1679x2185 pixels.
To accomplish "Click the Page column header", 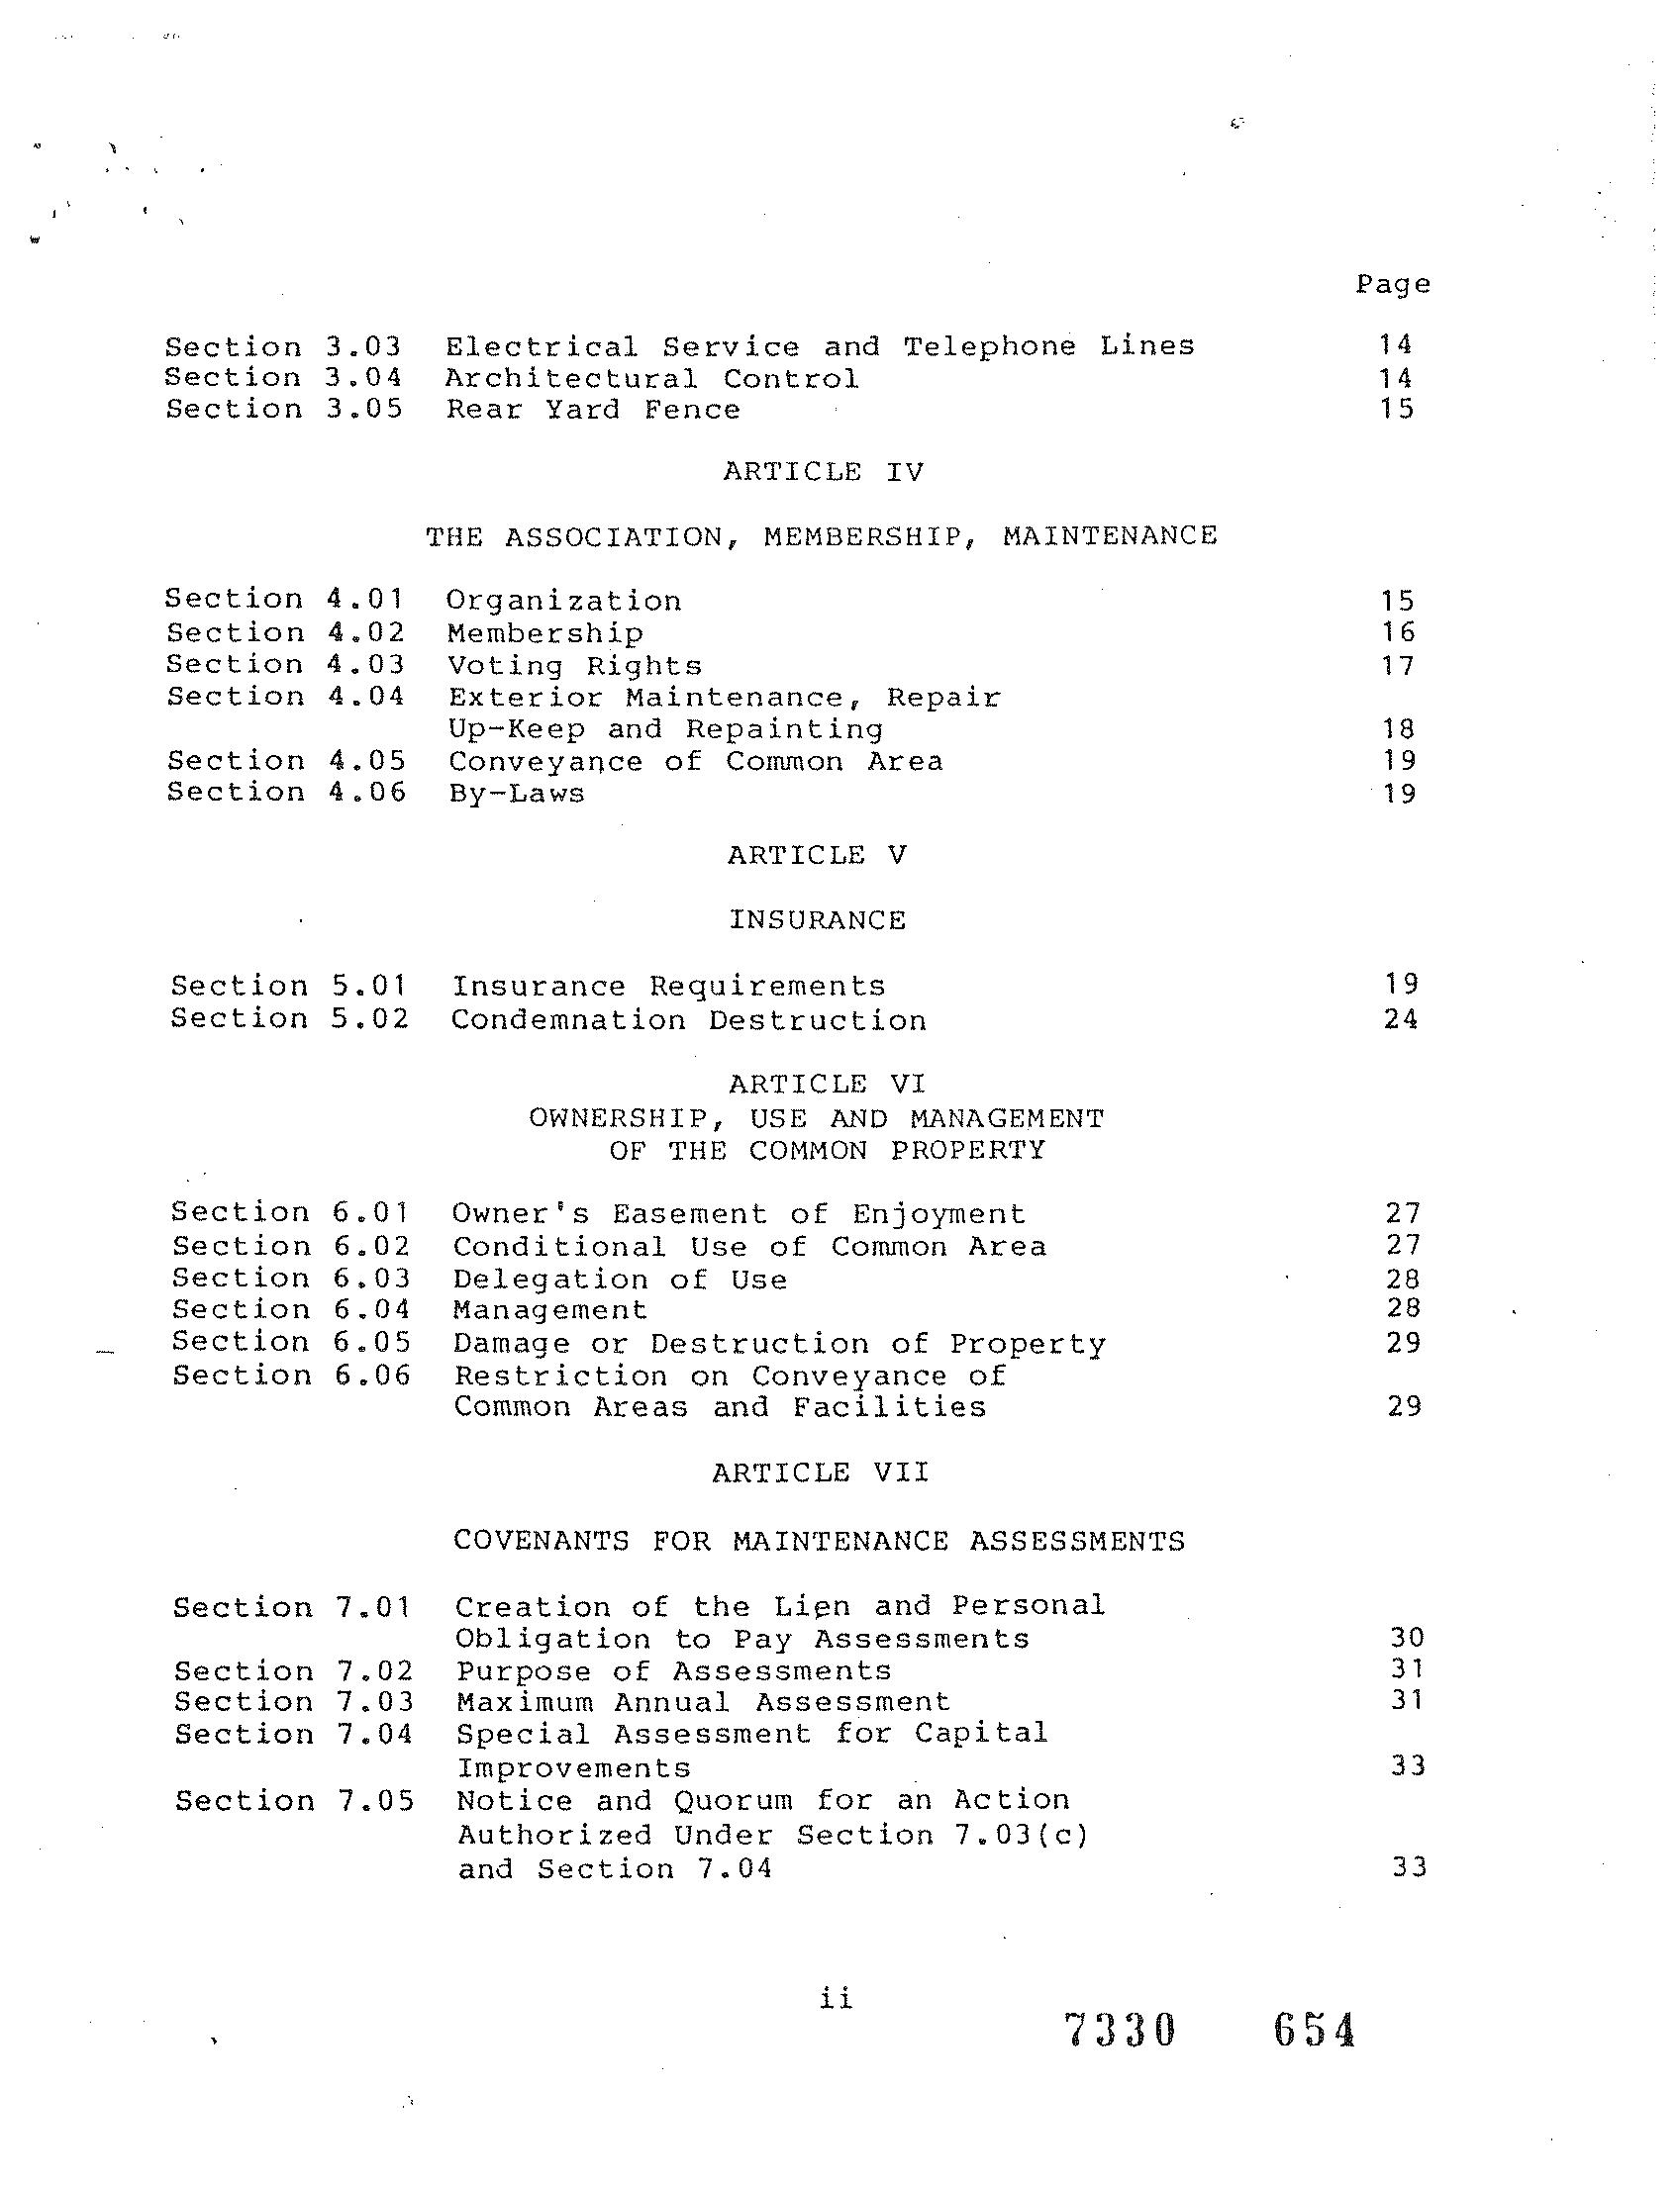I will (1392, 285).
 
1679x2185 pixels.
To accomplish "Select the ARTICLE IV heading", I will (824, 472).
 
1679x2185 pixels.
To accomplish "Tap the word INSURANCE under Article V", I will (818, 920).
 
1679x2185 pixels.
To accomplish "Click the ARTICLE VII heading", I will (821, 1472).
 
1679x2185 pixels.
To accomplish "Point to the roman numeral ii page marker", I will (836, 1998).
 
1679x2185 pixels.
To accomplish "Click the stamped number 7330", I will (1121, 2032).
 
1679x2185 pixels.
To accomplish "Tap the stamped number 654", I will (1315, 2032).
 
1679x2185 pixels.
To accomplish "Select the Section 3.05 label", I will (284, 410).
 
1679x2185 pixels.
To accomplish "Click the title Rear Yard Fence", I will (593, 410).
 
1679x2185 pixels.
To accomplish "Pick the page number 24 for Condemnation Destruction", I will (1401, 1019).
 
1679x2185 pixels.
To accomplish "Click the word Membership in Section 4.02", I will (545, 633).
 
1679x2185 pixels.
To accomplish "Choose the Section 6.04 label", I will (291, 1310).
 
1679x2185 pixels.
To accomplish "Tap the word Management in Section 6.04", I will (550, 1310).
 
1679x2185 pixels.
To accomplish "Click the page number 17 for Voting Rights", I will (1398, 665).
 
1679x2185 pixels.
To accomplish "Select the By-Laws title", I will (517, 794).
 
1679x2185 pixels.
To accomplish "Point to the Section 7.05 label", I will (294, 1801).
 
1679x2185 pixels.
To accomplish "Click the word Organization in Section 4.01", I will (563, 602).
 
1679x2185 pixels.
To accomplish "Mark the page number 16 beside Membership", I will (1398, 632).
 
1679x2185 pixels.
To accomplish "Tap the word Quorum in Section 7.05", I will (733, 1800).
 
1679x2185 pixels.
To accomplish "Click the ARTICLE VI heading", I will (827, 1084).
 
